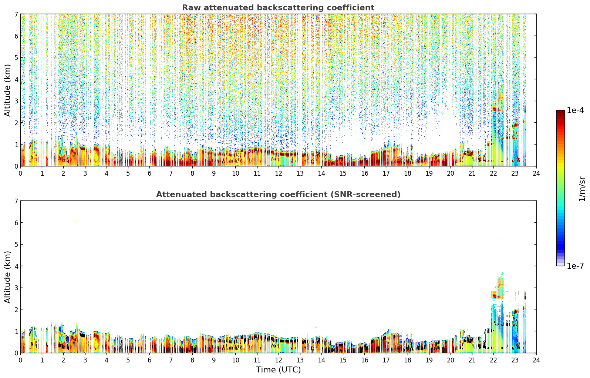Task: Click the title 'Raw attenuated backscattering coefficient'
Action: pos(278,8)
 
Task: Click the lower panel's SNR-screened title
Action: pos(278,194)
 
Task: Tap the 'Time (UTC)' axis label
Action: pos(278,369)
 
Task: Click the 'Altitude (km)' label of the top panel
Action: pos(7,90)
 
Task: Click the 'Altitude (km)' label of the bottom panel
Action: pos(7,277)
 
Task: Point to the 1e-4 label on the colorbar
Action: pos(575,110)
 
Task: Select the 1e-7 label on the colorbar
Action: pos(575,266)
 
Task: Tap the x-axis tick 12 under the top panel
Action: pos(279,173)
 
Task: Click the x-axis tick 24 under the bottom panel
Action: pos(536,360)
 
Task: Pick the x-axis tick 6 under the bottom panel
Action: pos(149,360)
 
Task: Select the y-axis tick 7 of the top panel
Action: pos(16,14)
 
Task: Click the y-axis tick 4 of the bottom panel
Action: pos(16,266)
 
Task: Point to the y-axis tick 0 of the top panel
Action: pos(16,166)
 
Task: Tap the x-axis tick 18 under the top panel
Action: pos(408,173)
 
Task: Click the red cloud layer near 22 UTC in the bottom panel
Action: pos(496,295)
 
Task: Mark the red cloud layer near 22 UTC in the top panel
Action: pos(496,109)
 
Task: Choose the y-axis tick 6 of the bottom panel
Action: pos(16,222)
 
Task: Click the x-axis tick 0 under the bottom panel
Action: pos(21,360)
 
